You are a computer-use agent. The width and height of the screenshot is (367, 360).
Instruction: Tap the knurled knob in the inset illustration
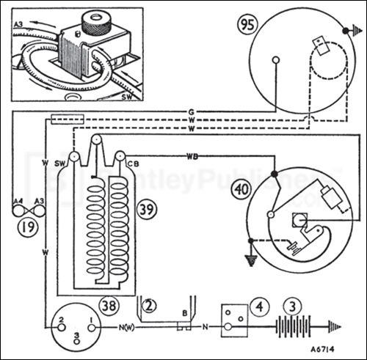coord(94,21)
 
